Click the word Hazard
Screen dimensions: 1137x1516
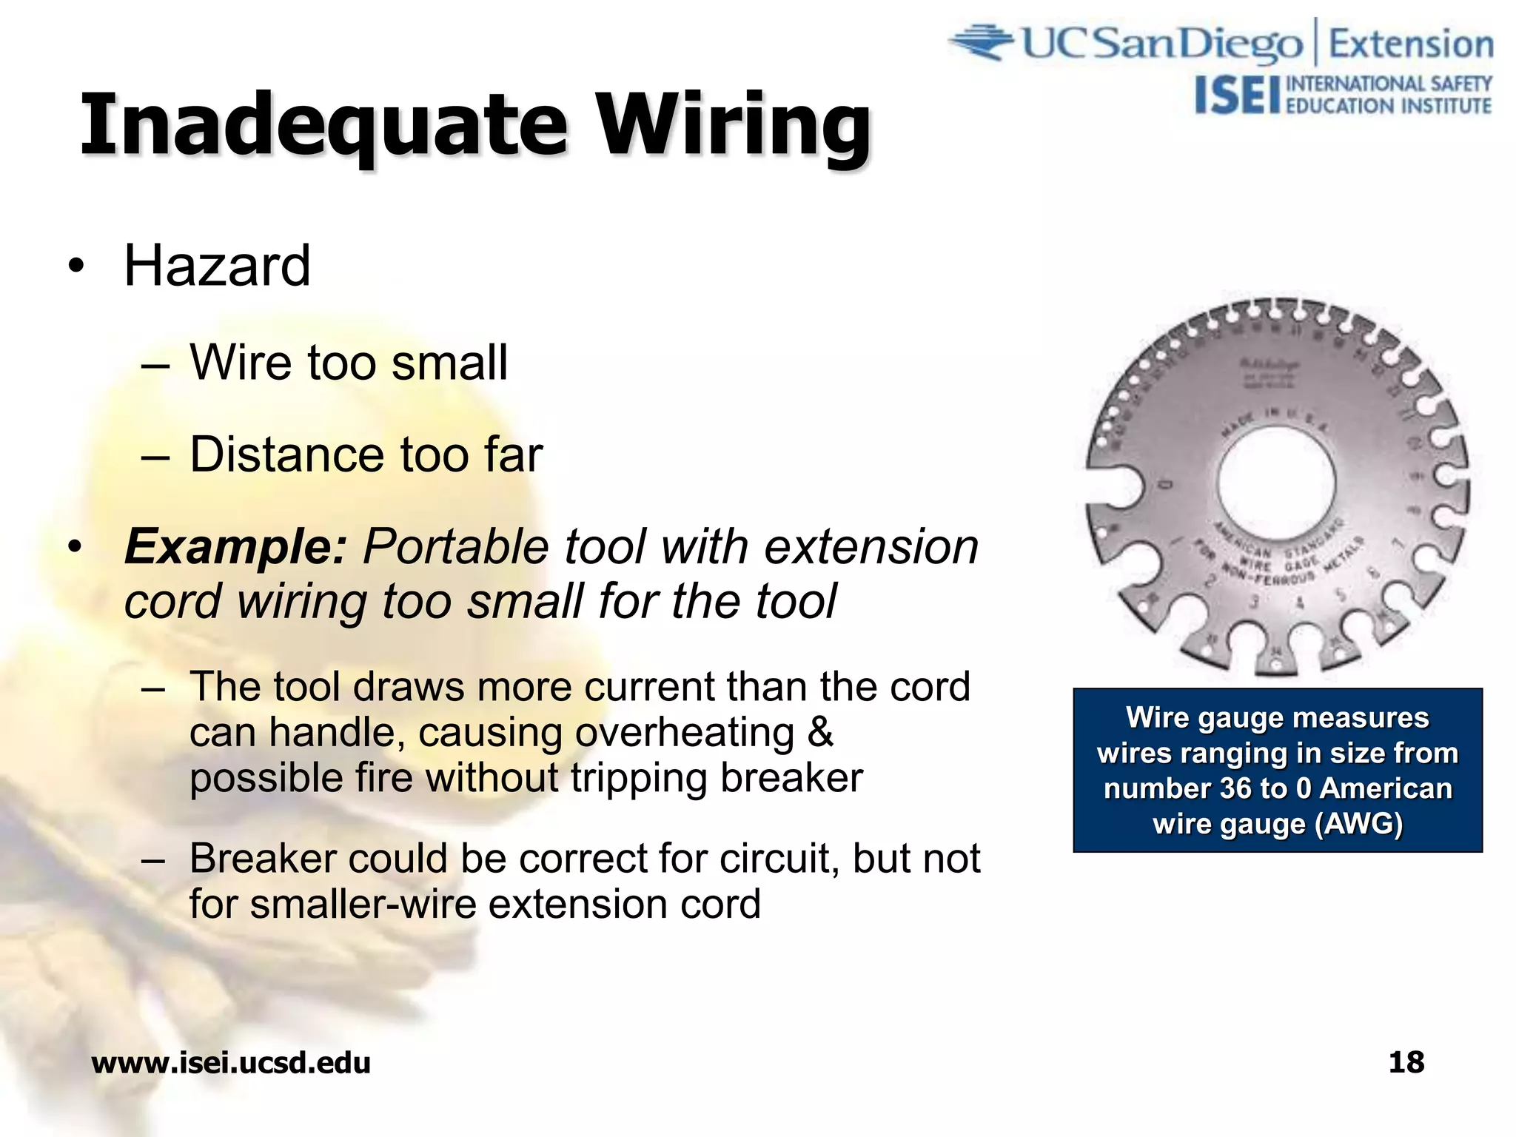217,266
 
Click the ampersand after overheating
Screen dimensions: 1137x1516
820,733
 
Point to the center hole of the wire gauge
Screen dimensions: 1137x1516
1276,482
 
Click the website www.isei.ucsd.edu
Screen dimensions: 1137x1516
231,1063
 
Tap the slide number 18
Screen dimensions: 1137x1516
1406,1062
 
